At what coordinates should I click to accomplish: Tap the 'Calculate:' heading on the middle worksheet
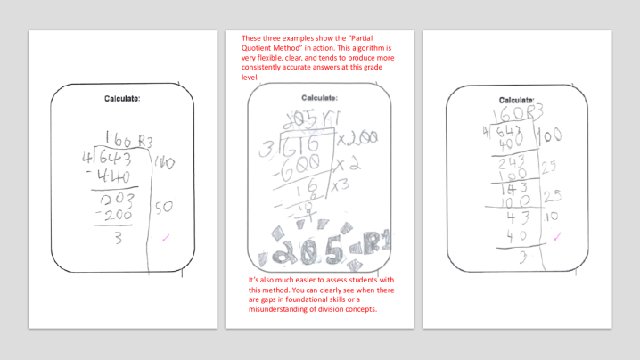[322, 98]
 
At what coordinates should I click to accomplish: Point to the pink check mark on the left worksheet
[166, 238]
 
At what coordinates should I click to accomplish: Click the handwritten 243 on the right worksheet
[514, 163]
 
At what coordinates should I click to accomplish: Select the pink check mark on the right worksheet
[556, 236]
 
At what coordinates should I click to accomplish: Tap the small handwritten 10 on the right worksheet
[552, 215]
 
